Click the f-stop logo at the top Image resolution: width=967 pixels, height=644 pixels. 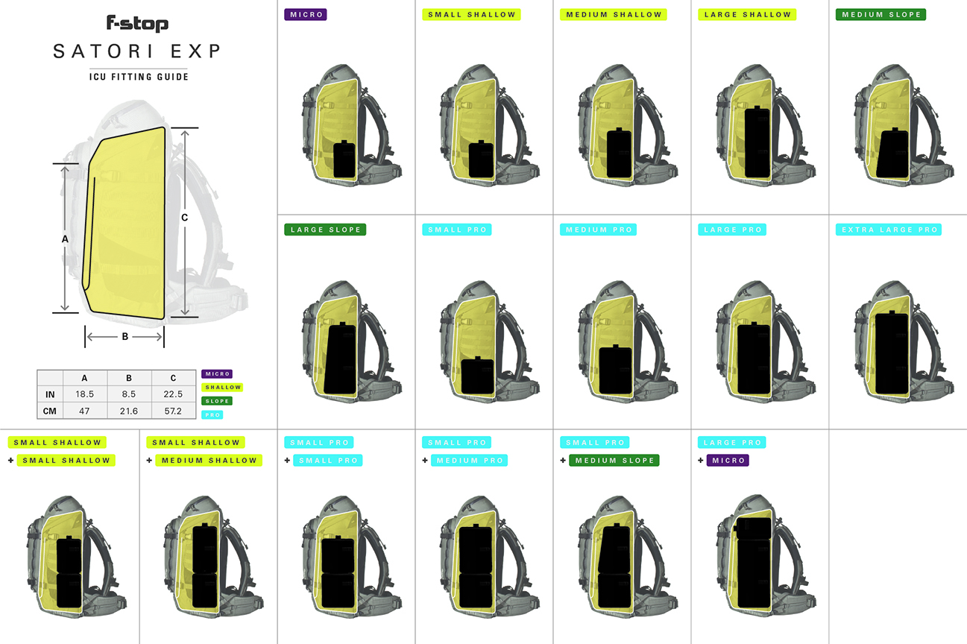pos(137,23)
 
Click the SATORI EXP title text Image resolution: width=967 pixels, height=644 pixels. pos(137,51)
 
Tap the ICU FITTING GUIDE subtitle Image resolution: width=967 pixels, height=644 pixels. pos(138,77)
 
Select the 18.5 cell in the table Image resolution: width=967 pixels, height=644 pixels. pos(85,394)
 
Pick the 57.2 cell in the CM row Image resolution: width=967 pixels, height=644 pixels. pos(174,411)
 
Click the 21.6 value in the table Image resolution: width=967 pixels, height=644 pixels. pos(129,411)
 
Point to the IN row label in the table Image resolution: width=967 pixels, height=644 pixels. pos(50,394)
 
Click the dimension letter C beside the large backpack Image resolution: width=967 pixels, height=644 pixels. pos(184,217)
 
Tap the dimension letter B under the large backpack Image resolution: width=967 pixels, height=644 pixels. pos(125,337)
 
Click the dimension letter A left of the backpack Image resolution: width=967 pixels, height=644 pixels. pos(65,239)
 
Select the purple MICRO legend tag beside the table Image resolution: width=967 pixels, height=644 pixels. pos(216,373)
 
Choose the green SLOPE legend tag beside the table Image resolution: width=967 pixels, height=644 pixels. pos(216,401)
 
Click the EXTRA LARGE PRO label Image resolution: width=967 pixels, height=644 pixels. pos(889,230)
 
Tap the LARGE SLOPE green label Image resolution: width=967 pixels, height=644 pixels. pos(325,230)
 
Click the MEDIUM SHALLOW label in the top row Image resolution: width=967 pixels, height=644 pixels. pos(613,14)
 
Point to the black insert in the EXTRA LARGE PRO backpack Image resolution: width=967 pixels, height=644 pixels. pos(891,353)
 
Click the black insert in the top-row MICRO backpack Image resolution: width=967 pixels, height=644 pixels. pos(344,160)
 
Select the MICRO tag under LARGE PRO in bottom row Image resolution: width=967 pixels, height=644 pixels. pos(728,461)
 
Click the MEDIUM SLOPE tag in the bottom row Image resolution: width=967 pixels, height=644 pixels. pos(614,461)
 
